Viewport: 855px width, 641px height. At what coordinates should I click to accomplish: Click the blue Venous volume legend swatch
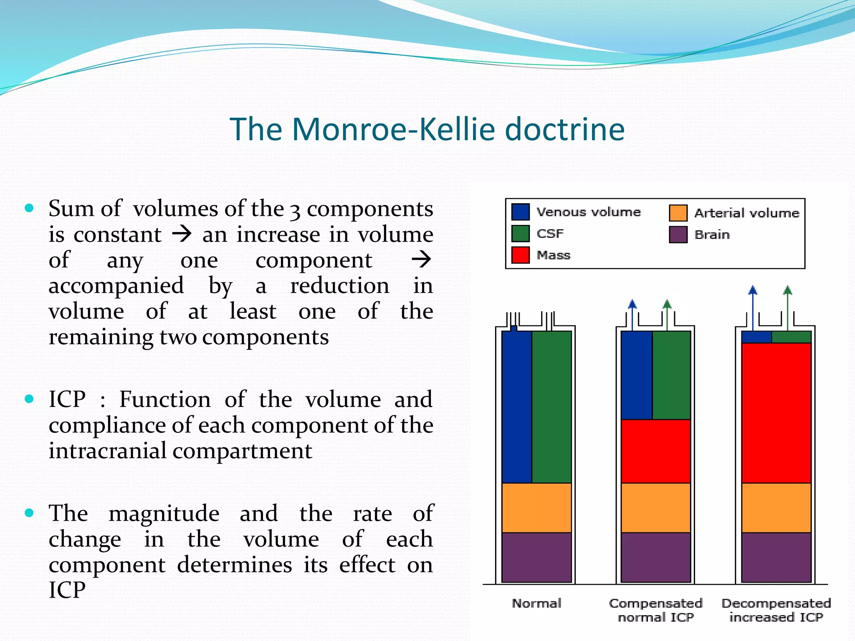click(520, 212)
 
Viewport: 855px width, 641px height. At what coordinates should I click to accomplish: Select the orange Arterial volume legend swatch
click(678, 213)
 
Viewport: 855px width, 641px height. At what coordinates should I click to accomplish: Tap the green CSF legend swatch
click(520, 233)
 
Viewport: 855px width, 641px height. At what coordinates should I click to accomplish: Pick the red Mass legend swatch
click(520, 255)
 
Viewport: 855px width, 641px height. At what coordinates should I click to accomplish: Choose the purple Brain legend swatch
click(678, 235)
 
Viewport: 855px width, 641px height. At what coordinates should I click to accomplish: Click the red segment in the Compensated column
click(655, 451)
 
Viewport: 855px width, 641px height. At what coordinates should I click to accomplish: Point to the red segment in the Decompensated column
click(776, 413)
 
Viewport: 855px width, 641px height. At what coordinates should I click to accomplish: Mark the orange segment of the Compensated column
click(655, 507)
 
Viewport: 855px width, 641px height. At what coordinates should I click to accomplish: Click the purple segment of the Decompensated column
click(776, 557)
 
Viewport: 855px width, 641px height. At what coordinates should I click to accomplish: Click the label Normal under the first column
click(536, 603)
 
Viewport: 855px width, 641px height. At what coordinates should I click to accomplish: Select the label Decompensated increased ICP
click(776, 610)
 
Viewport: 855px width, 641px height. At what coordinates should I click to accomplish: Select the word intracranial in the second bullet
click(110, 451)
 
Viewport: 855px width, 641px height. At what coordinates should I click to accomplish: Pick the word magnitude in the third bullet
click(164, 513)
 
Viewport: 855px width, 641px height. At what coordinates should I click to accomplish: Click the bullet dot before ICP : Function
click(29, 399)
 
